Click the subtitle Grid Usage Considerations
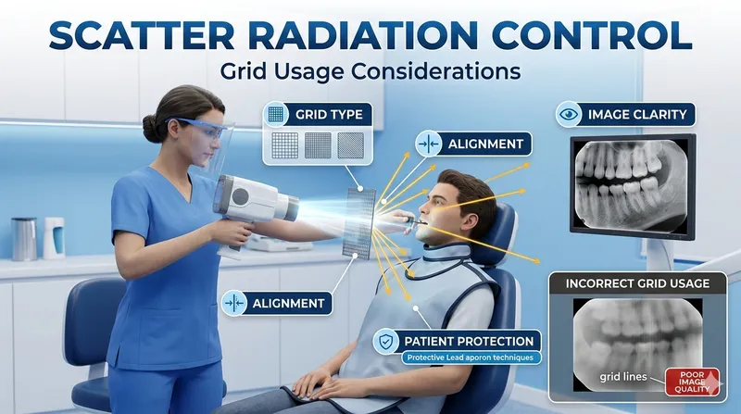point(370,71)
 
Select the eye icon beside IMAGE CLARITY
point(568,116)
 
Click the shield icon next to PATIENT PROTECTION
point(385,342)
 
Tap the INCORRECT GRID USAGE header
point(634,283)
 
